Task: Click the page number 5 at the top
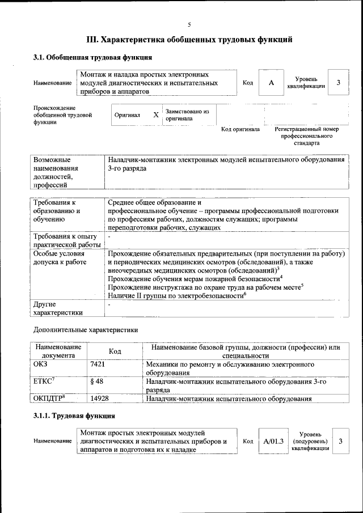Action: tap(189, 24)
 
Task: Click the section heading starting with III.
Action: tap(189, 40)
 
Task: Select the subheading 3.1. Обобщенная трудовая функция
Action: tap(92, 57)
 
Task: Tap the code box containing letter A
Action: tap(271, 83)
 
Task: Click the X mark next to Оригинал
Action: tap(156, 115)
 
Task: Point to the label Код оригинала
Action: tap(240, 129)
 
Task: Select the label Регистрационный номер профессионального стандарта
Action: tap(306, 136)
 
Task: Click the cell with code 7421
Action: tap(98, 364)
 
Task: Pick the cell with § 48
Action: tap(96, 381)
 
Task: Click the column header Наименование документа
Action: tap(58, 351)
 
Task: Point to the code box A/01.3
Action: tap(273, 440)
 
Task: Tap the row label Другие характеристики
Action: tap(58, 308)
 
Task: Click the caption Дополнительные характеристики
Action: tap(85, 329)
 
